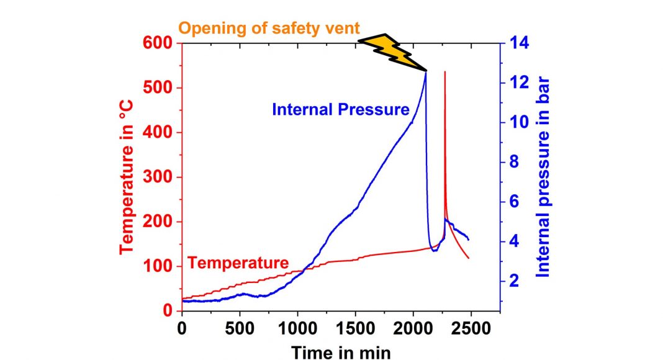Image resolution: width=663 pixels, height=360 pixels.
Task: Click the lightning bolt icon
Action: (390, 52)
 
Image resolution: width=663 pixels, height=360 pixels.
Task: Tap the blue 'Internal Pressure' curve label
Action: (340, 110)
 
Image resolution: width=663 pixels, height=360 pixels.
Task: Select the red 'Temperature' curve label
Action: (238, 263)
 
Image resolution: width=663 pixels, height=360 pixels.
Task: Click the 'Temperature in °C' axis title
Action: (128, 178)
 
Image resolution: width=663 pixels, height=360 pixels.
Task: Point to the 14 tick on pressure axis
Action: (518, 43)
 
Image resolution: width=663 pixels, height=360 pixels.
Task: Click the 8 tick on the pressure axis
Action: (514, 162)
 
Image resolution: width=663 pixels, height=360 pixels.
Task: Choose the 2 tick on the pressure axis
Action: (514, 282)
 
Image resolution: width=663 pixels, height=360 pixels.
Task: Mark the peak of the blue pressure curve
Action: (426, 73)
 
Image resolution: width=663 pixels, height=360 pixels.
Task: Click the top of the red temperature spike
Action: (444, 72)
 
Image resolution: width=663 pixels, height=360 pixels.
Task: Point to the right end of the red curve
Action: (469, 258)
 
